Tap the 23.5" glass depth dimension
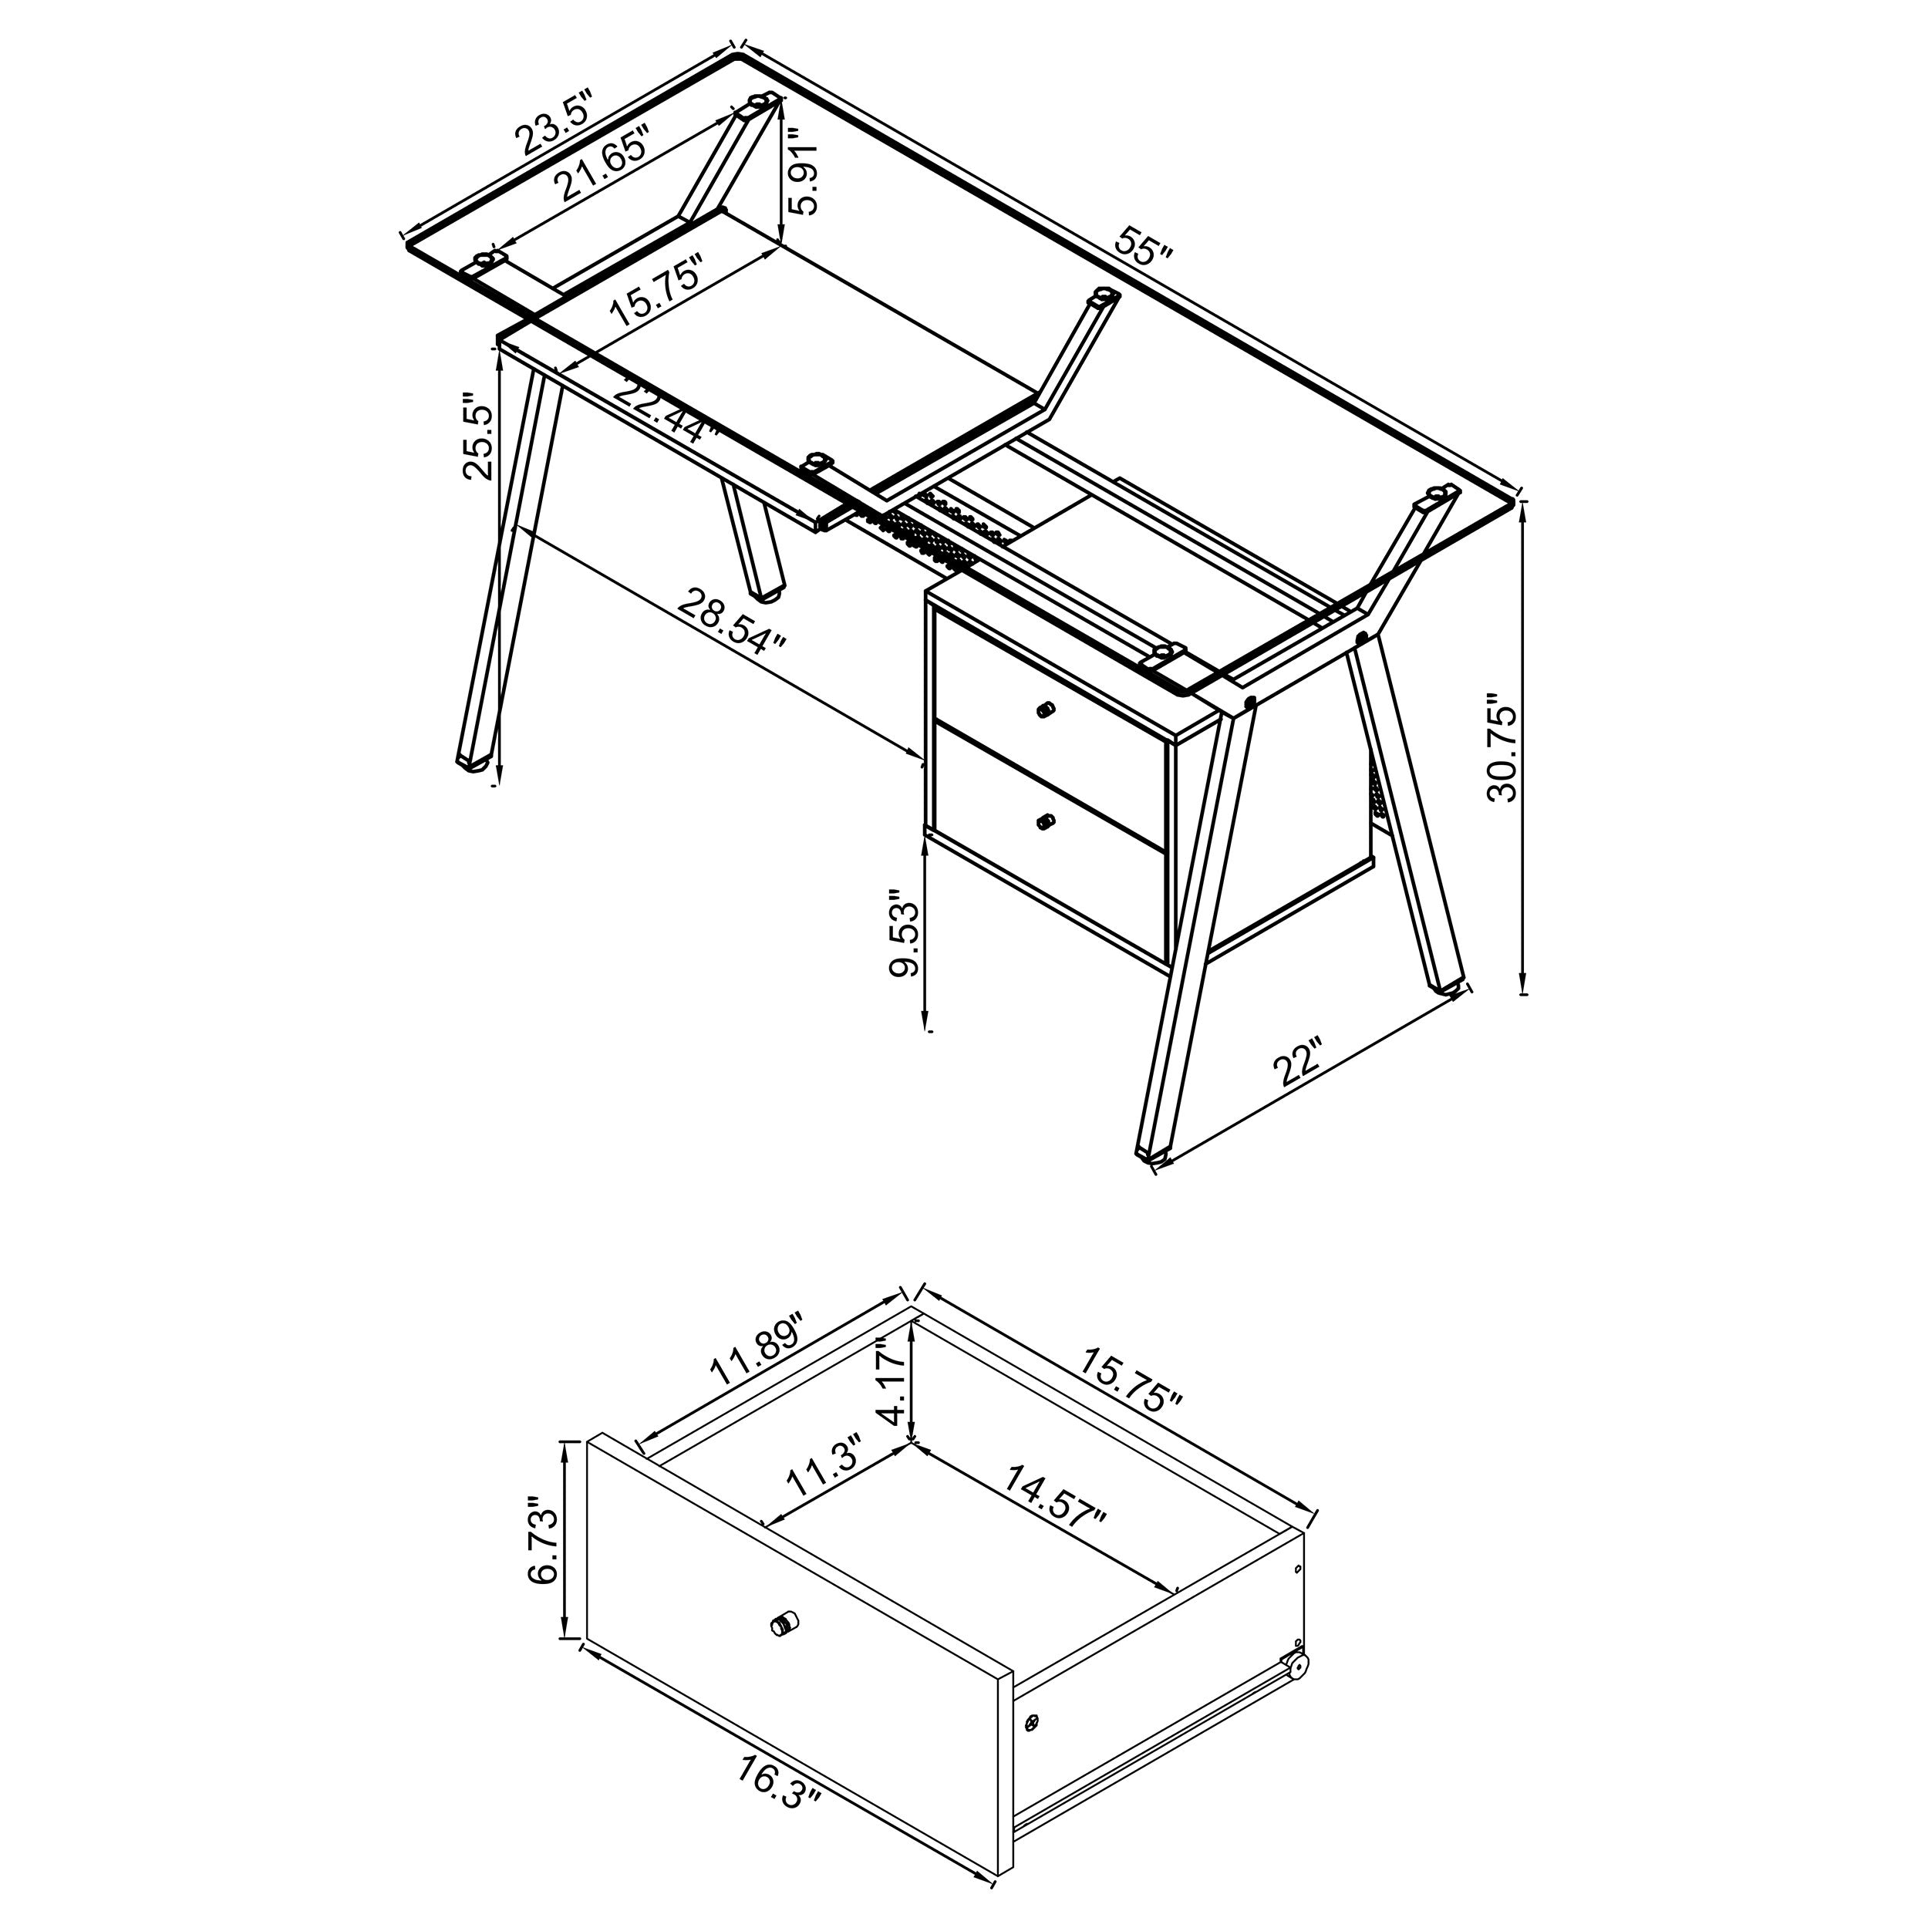point(554,123)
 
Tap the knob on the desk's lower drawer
point(1045,821)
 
